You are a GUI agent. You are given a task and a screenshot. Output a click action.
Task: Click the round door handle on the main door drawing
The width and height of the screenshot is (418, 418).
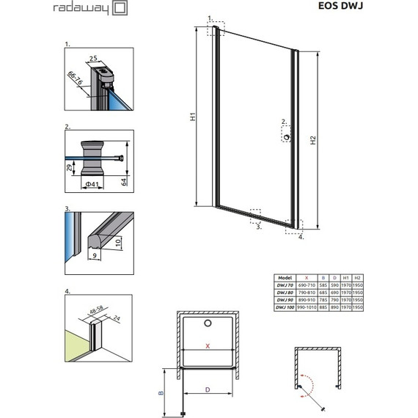[286, 135]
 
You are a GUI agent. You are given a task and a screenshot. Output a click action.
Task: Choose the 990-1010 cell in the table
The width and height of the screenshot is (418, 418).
[310, 308]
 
